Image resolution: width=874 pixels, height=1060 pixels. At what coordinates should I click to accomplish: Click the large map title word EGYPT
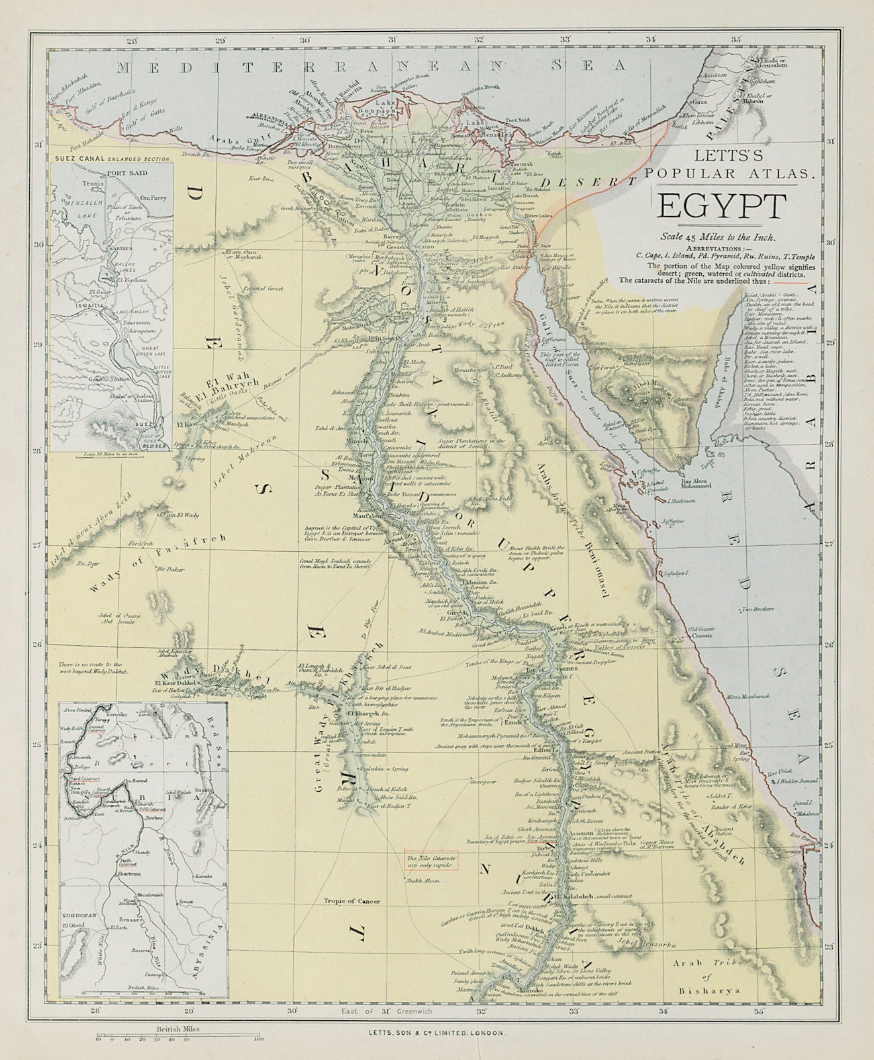tap(721, 207)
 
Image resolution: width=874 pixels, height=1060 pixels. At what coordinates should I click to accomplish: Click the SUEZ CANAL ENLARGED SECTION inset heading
tap(112, 159)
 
